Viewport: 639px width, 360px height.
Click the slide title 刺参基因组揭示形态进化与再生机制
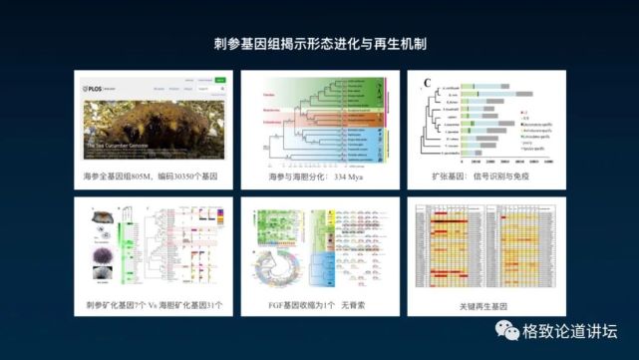[319, 45]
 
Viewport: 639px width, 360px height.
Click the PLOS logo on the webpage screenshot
[96, 88]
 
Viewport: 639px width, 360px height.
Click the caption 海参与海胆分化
[296, 176]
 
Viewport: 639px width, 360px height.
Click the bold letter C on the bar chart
[426, 82]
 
